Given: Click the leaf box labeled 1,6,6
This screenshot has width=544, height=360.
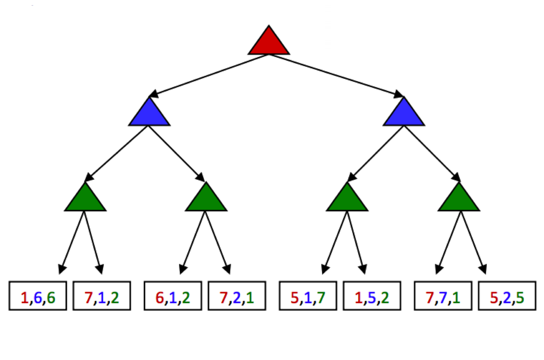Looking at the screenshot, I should [x=38, y=296].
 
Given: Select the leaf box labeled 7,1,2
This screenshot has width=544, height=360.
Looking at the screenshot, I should [x=102, y=296].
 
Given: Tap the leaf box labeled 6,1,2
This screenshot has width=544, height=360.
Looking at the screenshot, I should [x=173, y=296].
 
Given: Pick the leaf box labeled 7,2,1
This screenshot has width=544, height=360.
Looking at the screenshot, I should [x=237, y=296].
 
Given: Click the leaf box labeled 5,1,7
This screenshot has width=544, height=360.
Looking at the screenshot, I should [x=308, y=296].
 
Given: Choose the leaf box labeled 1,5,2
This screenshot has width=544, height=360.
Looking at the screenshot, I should [x=372, y=296].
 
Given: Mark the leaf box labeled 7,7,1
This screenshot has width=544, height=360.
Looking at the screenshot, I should [x=443, y=296].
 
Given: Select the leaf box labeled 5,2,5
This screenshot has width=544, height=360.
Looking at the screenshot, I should [x=507, y=296].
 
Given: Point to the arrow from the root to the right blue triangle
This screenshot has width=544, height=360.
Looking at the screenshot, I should [x=336, y=75].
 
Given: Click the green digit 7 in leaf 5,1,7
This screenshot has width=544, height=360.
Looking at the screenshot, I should [x=321, y=298].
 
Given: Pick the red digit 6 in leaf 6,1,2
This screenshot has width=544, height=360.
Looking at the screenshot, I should [x=160, y=298].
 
